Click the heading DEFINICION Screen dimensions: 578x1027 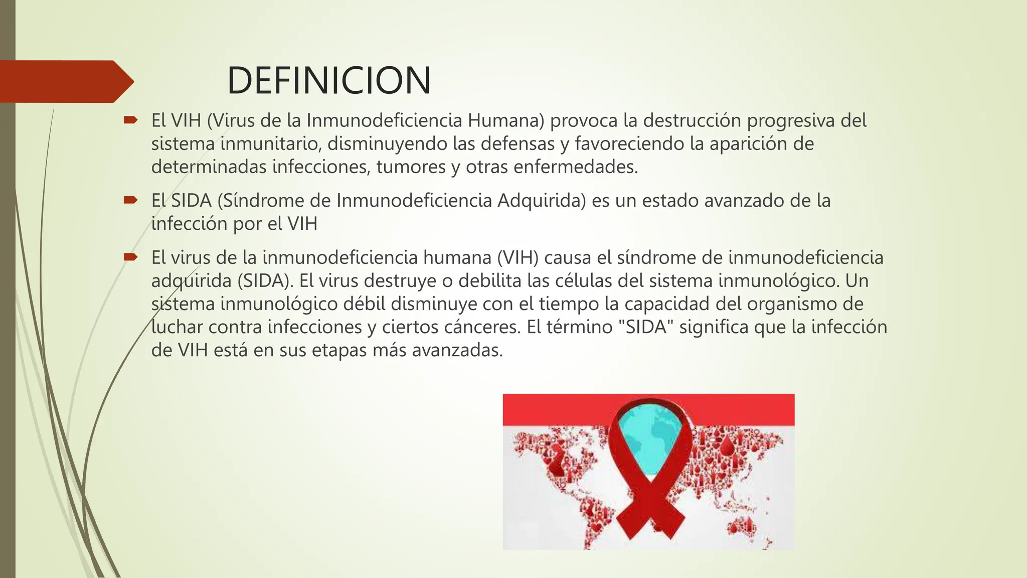(x=329, y=81)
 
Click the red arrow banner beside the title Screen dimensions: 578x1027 (x=65, y=81)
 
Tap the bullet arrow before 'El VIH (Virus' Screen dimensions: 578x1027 (x=130, y=120)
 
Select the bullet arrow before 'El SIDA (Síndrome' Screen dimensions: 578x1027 (x=130, y=200)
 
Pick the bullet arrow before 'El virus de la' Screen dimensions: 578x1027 (x=130, y=257)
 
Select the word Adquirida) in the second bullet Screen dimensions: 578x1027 (x=542, y=201)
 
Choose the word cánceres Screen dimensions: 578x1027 (x=482, y=327)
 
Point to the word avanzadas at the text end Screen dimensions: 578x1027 (x=457, y=350)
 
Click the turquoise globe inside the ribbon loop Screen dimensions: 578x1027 (x=649, y=442)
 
